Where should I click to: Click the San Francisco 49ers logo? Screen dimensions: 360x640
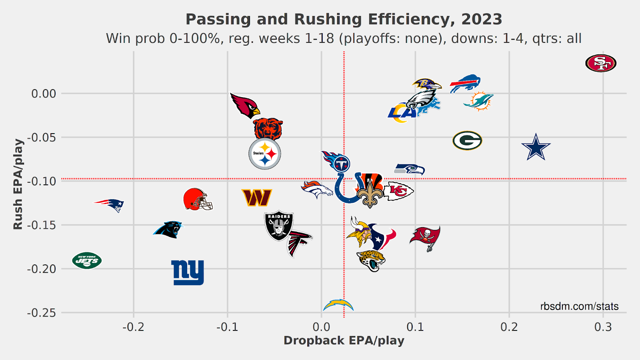[x=601, y=63]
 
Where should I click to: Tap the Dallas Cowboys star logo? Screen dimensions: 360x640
[x=536, y=147]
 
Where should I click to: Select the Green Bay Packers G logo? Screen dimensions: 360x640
[x=467, y=140]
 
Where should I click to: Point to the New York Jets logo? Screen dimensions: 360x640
[x=87, y=261]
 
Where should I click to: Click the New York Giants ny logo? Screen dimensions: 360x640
[x=188, y=272]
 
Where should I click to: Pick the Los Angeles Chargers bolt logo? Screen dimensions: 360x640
[x=338, y=305]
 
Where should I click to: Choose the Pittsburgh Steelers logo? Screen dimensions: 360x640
[x=265, y=154]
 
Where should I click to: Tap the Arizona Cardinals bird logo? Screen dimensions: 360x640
[x=244, y=105]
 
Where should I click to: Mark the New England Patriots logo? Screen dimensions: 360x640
[x=110, y=205]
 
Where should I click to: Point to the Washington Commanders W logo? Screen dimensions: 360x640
[x=257, y=198]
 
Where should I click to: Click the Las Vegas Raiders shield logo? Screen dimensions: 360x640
[x=279, y=226]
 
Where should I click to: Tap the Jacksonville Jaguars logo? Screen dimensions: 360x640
[x=371, y=260]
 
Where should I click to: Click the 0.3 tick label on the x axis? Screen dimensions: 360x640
[x=603, y=327]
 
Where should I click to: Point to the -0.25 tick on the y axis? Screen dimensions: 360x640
[x=42, y=313]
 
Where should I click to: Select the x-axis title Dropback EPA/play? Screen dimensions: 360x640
[x=344, y=341]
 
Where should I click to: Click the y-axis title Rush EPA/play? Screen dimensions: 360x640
[x=18, y=184]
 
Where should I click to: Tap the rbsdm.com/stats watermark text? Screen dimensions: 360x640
[x=579, y=306]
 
